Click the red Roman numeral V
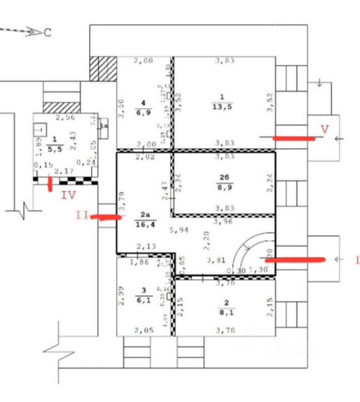(324, 129)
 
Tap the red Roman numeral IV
(68, 195)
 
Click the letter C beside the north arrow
(47, 32)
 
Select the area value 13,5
(222, 106)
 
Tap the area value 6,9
(144, 113)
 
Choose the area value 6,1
(143, 300)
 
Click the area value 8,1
(226, 312)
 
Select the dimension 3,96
(223, 222)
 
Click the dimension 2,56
(65, 118)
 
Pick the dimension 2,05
(143, 330)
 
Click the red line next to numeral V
(294, 138)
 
